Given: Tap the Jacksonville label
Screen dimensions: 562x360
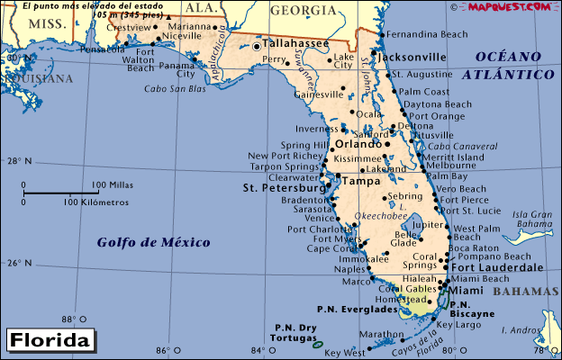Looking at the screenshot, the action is [x=414, y=56].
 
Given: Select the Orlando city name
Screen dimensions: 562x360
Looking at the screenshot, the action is [x=358, y=143].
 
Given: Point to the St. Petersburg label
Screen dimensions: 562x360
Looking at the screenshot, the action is [x=284, y=188].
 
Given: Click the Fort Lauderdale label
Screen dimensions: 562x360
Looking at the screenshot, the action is [x=497, y=267].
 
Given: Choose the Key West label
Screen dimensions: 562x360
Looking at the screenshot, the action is [x=343, y=352].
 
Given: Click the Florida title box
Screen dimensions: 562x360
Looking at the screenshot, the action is [x=50, y=341].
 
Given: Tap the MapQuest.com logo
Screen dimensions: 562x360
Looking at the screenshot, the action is [x=509, y=6].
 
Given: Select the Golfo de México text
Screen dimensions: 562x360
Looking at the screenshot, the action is [x=154, y=242].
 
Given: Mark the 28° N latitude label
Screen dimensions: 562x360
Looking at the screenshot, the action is [x=19, y=162].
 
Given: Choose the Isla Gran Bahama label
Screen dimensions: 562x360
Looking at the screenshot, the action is [x=533, y=219].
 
